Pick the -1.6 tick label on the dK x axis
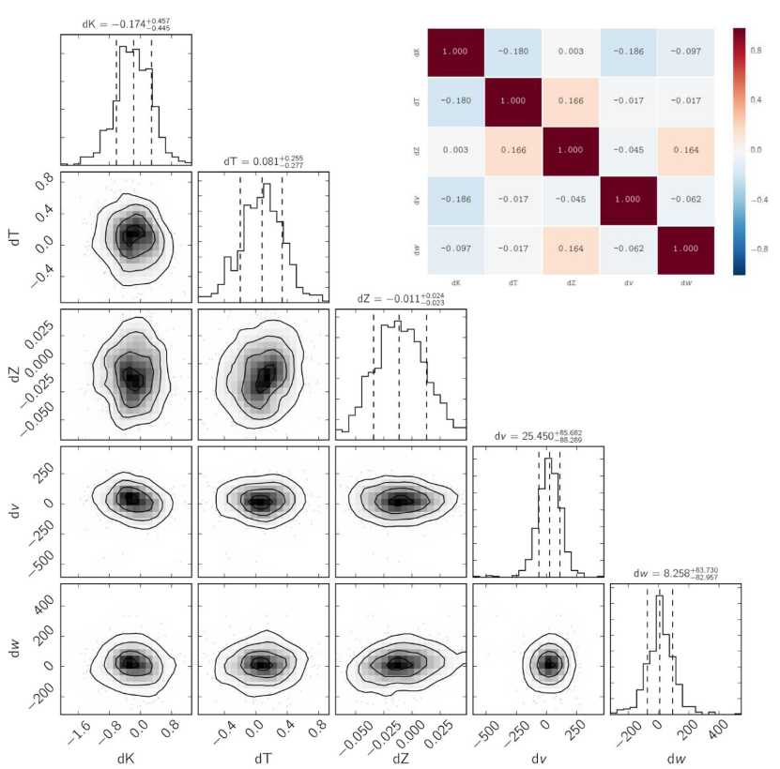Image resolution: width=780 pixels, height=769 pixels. pos(79,733)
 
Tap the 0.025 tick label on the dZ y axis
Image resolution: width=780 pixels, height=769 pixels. pos(38,334)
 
